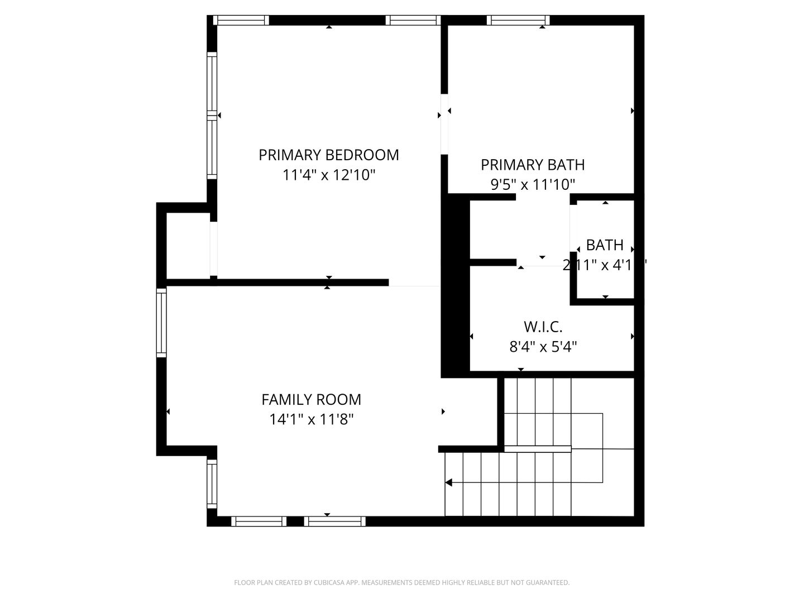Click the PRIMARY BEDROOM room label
pos(328,155)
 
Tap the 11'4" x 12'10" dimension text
pos(328,175)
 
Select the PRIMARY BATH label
pos(532,165)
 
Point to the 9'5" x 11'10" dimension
pos(532,184)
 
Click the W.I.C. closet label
pos(543,327)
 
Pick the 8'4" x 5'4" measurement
pos(543,347)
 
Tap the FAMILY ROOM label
pos(311,400)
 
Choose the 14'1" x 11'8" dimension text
pos(311,419)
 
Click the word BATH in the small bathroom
pos(605,245)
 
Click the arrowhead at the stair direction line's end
pos(448,482)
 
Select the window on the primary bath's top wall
pos(518,21)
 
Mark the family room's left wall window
pos(161,323)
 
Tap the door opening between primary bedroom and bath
pos(444,124)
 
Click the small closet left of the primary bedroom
pos(188,246)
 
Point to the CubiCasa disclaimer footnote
pos(401,583)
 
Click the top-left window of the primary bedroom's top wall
pos(241,21)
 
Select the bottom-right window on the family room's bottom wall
pos(335,521)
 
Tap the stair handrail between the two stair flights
pos(537,449)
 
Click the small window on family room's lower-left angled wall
pos(212,483)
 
